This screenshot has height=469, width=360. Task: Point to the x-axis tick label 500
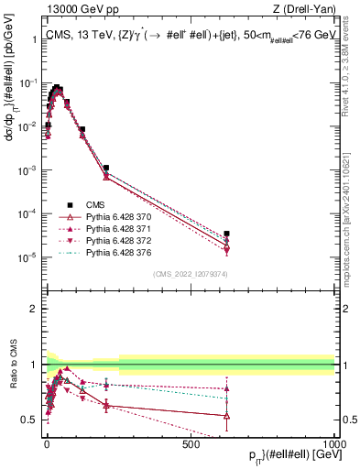(191, 444)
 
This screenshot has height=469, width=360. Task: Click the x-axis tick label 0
(47, 444)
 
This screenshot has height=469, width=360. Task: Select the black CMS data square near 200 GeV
(106, 169)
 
